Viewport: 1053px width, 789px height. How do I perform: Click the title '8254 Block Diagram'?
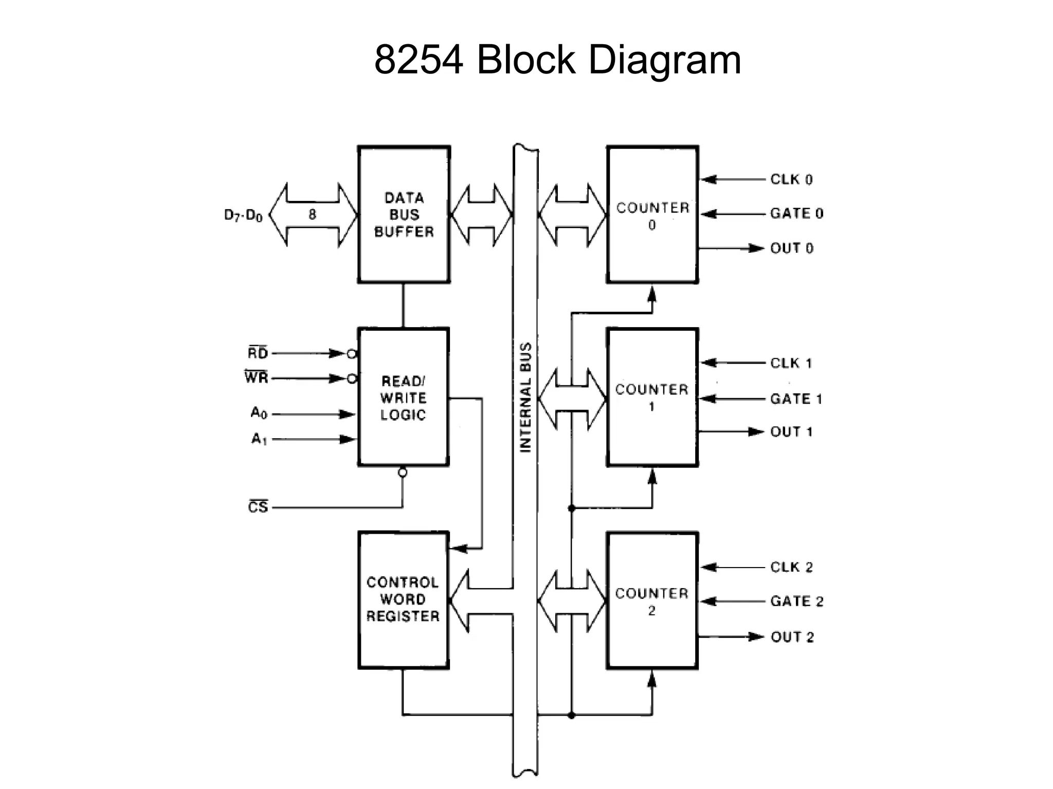click(x=557, y=60)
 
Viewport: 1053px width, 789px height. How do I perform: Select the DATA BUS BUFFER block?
click(x=404, y=215)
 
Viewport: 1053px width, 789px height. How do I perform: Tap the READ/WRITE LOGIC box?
click(x=404, y=398)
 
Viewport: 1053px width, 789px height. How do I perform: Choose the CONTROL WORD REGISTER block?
click(x=404, y=599)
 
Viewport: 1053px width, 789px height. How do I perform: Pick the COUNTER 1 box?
click(x=652, y=398)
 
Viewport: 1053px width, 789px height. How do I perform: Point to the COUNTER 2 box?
click(x=652, y=601)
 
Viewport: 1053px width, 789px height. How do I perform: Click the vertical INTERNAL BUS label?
click(x=525, y=398)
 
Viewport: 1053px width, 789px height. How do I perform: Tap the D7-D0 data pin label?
click(x=243, y=215)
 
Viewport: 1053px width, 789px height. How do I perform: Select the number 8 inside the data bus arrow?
click(x=312, y=215)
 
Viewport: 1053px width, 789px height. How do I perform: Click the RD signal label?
click(x=258, y=353)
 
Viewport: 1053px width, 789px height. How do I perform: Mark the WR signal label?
click(x=257, y=378)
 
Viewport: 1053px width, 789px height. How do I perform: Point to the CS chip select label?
click(x=258, y=507)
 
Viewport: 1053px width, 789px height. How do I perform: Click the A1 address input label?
click(x=259, y=439)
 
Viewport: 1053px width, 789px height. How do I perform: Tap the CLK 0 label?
click(x=791, y=179)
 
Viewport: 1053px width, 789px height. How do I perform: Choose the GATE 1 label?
click(x=796, y=399)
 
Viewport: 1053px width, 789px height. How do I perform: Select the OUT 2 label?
click(x=792, y=637)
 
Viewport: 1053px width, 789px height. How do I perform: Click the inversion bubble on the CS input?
click(x=403, y=472)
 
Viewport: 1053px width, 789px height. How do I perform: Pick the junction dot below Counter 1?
click(x=571, y=508)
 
